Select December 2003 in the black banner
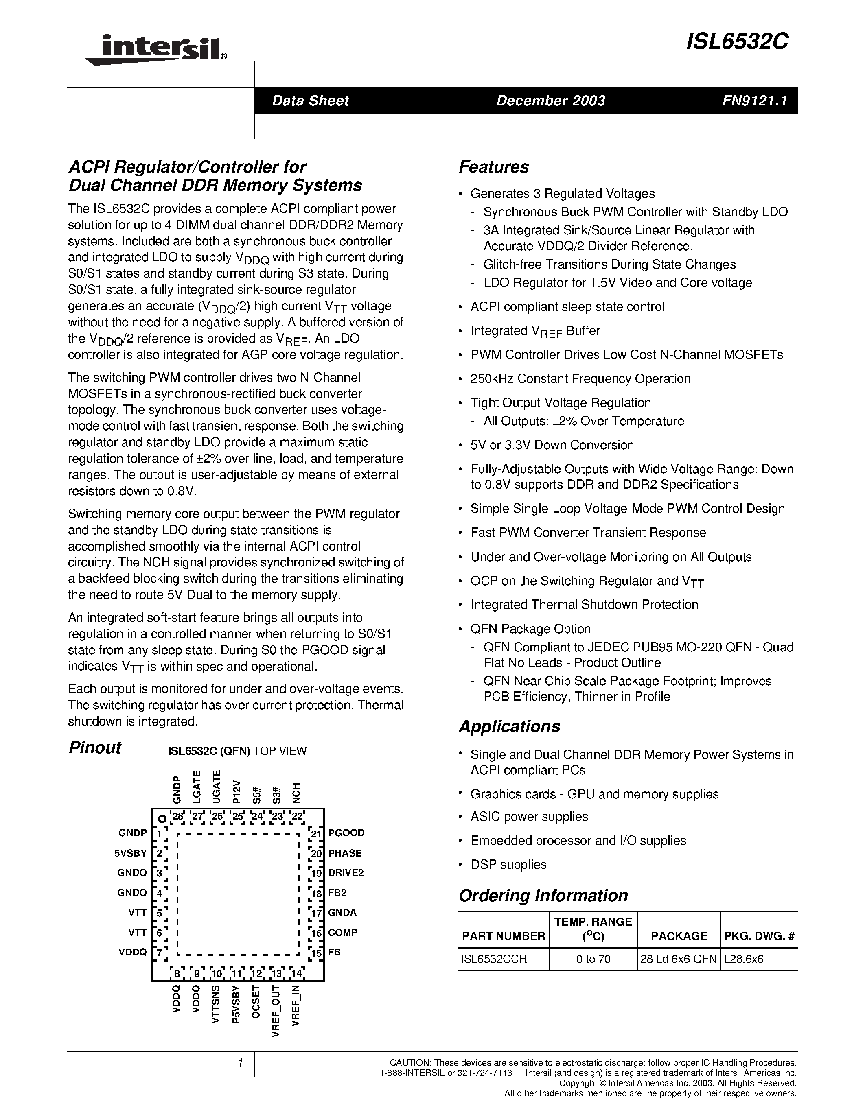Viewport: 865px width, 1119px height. [x=550, y=101]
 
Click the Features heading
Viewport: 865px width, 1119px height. [x=493, y=167]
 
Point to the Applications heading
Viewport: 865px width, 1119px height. [x=509, y=726]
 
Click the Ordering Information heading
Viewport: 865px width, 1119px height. [x=543, y=895]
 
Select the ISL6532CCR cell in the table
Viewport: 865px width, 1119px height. [x=494, y=959]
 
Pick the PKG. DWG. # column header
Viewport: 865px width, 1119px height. [x=759, y=936]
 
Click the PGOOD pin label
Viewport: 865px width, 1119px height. [x=346, y=833]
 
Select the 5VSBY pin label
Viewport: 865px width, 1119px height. [x=131, y=853]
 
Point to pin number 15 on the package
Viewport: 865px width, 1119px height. [x=317, y=953]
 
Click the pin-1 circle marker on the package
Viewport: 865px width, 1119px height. [x=162, y=819]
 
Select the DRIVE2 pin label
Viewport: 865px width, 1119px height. [x=346, y=872]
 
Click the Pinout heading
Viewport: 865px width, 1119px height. [x=95, y=747]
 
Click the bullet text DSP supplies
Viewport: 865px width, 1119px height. [x=508, y=864]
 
